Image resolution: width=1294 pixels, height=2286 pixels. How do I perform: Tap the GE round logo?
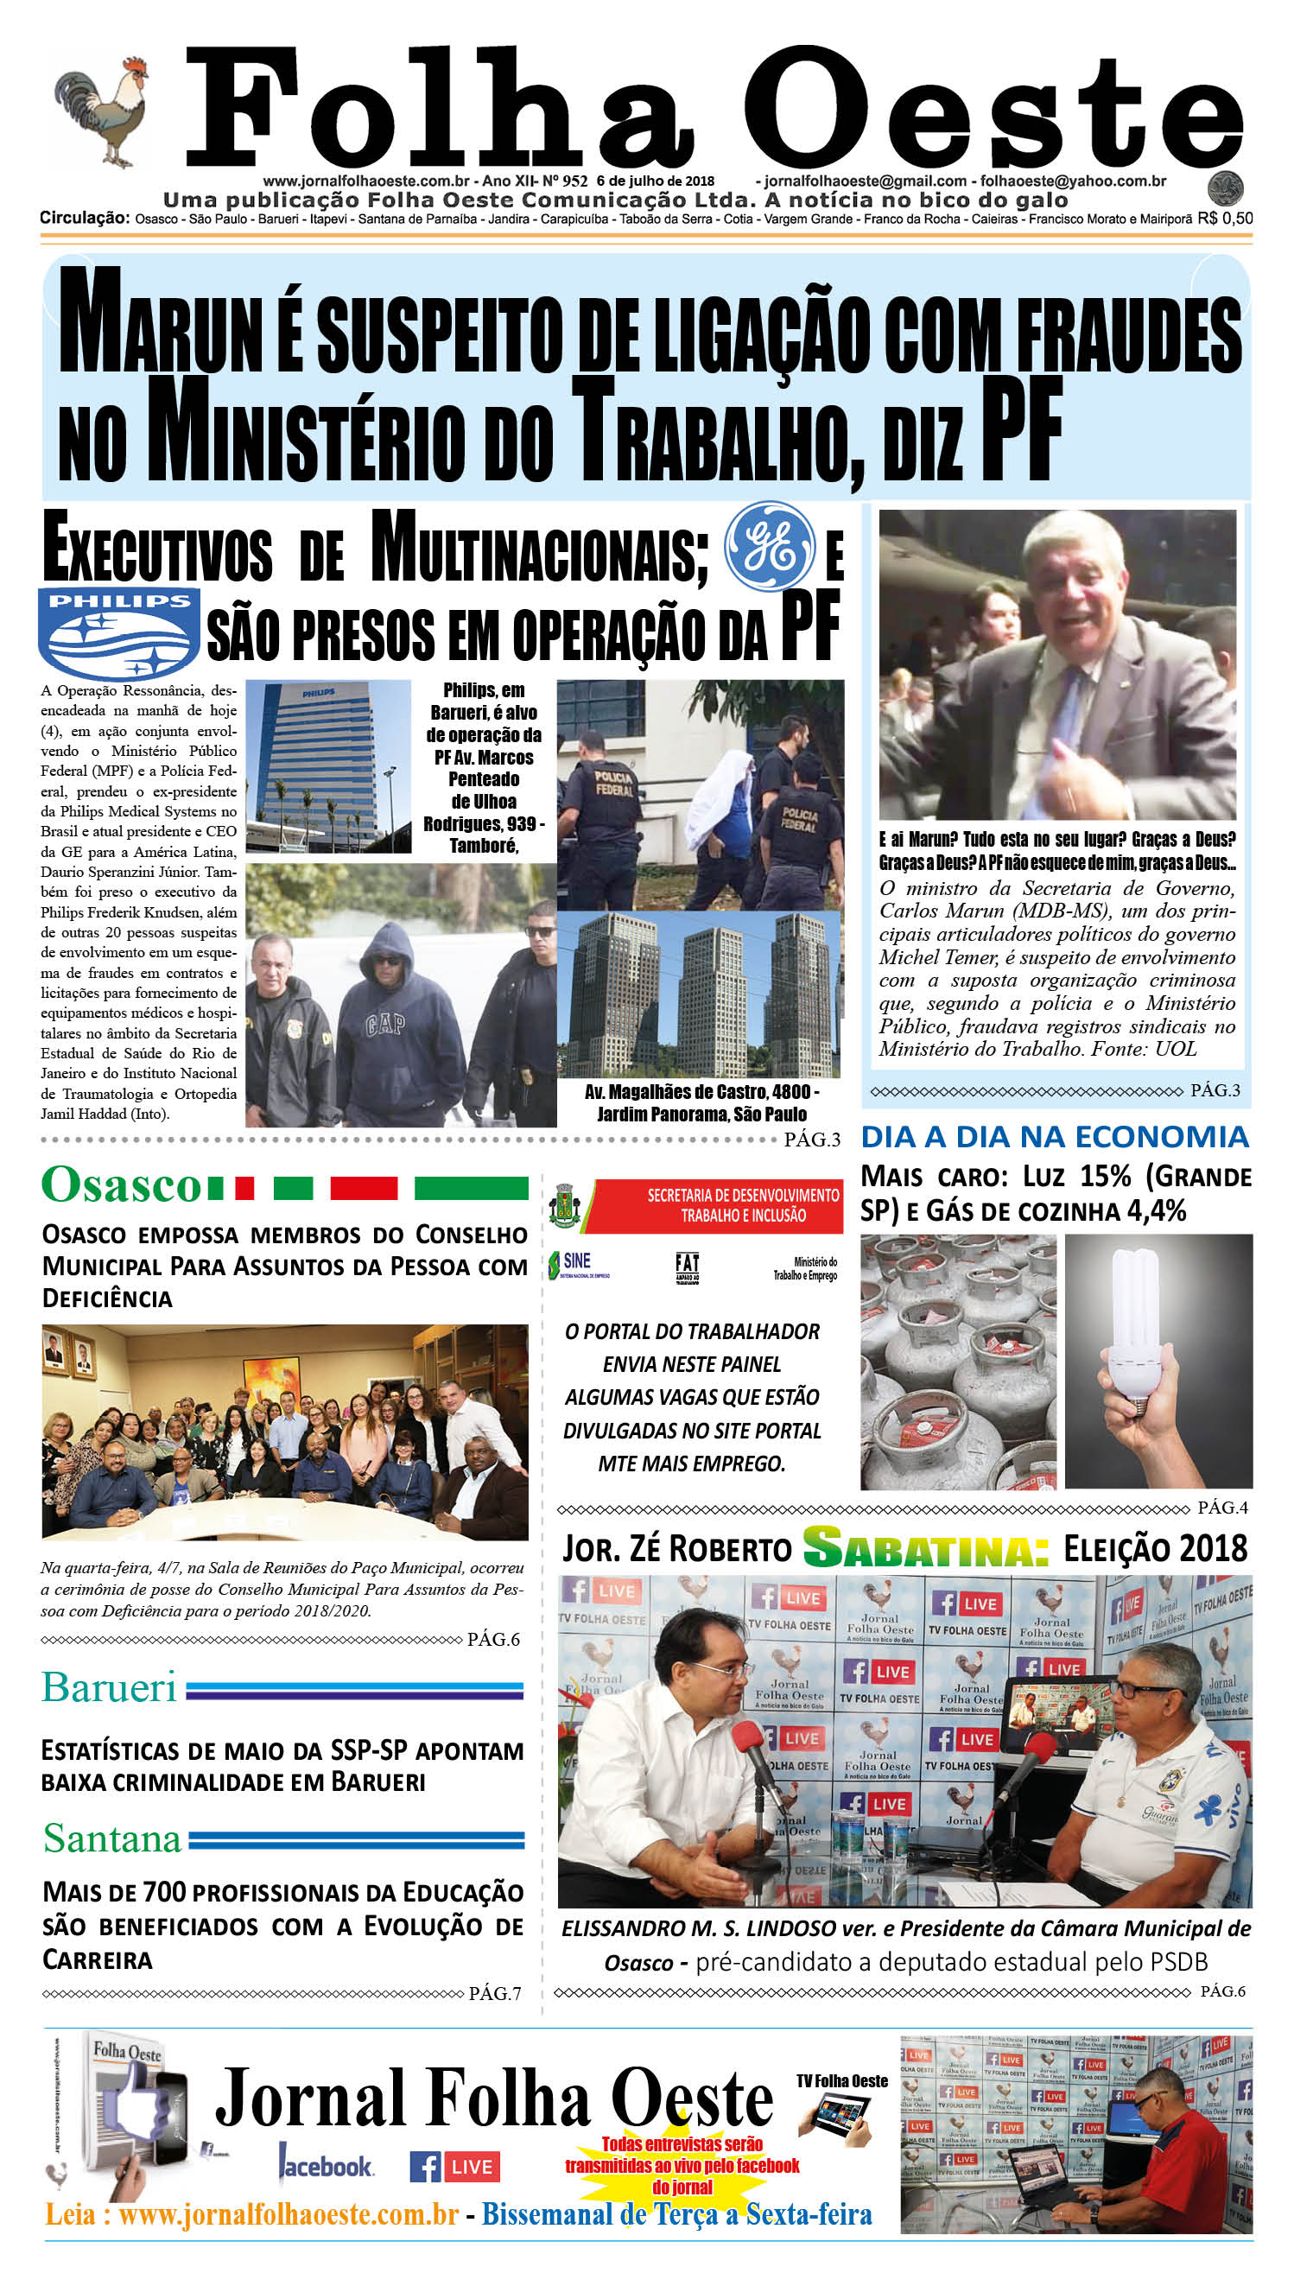(769, 547)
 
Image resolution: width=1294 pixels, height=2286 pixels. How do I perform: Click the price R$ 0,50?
(1225, 219)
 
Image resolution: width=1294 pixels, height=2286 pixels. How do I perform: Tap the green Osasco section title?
(122, 1184)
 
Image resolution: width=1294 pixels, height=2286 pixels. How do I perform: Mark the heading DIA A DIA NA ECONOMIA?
(1055, 1137)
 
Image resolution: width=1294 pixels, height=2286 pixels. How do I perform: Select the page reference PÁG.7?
(494, 1994)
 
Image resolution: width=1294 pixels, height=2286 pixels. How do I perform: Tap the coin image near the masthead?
(1225, 188)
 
